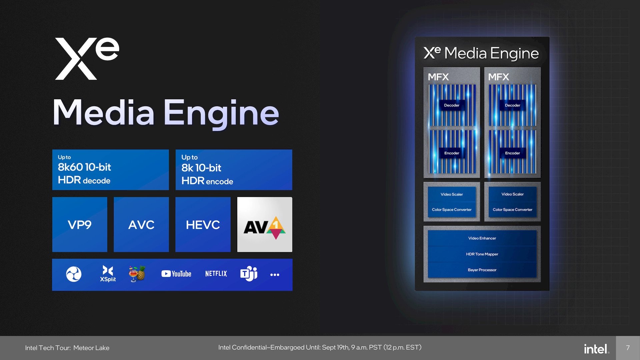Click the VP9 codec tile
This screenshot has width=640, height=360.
(x=80, y=224)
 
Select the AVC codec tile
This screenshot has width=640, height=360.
(x=141, y=224)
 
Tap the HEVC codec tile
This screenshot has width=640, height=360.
(x=203, y=224)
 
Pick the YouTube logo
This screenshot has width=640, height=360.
(x=176, y=274)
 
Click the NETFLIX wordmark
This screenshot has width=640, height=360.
(x=216, y=274)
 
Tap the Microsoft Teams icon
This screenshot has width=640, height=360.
(x=249, y=274)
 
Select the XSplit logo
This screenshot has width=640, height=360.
(x=108, y=274)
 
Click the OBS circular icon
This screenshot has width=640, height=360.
(x=74, y=274)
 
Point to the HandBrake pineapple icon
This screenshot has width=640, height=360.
(x=137, y=274)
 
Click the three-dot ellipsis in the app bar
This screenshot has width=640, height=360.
(x=275, y=275)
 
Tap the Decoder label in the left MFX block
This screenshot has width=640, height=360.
(x=452, y=105)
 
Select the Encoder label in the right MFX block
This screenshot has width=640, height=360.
(x=512, y=153)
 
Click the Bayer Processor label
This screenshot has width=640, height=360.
(x=482, y=270)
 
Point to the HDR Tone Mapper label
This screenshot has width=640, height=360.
(x=482, y=254)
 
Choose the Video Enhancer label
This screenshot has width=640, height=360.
(x=482, y=238)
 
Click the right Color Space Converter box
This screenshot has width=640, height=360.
(x=512, y=210)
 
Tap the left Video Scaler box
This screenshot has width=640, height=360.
(x=452, y=194)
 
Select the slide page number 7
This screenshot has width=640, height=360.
(x=628, y=348)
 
